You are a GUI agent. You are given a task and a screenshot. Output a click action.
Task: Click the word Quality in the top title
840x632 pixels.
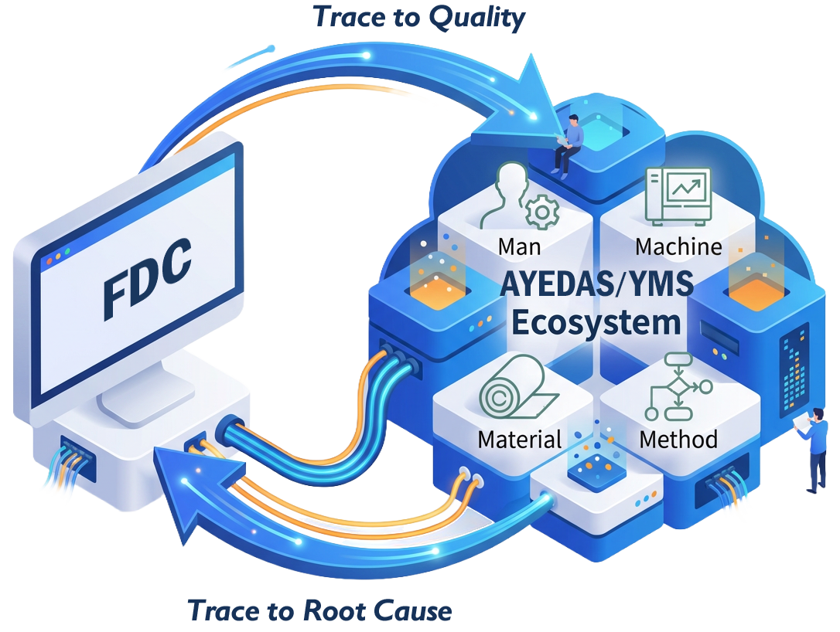tap(477, 17)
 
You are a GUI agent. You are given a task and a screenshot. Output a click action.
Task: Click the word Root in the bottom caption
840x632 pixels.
tap(335, 610)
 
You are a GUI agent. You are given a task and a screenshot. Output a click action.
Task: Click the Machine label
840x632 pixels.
tap(678, 246)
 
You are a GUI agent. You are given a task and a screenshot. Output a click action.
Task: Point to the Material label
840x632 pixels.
tap(519, 440)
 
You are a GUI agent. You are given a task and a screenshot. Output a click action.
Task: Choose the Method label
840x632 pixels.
tap(678, 440)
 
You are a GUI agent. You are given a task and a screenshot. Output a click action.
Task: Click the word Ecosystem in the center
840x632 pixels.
tap(596, 321)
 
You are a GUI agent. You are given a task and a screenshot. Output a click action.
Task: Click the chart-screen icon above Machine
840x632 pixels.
tap(678, 192)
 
